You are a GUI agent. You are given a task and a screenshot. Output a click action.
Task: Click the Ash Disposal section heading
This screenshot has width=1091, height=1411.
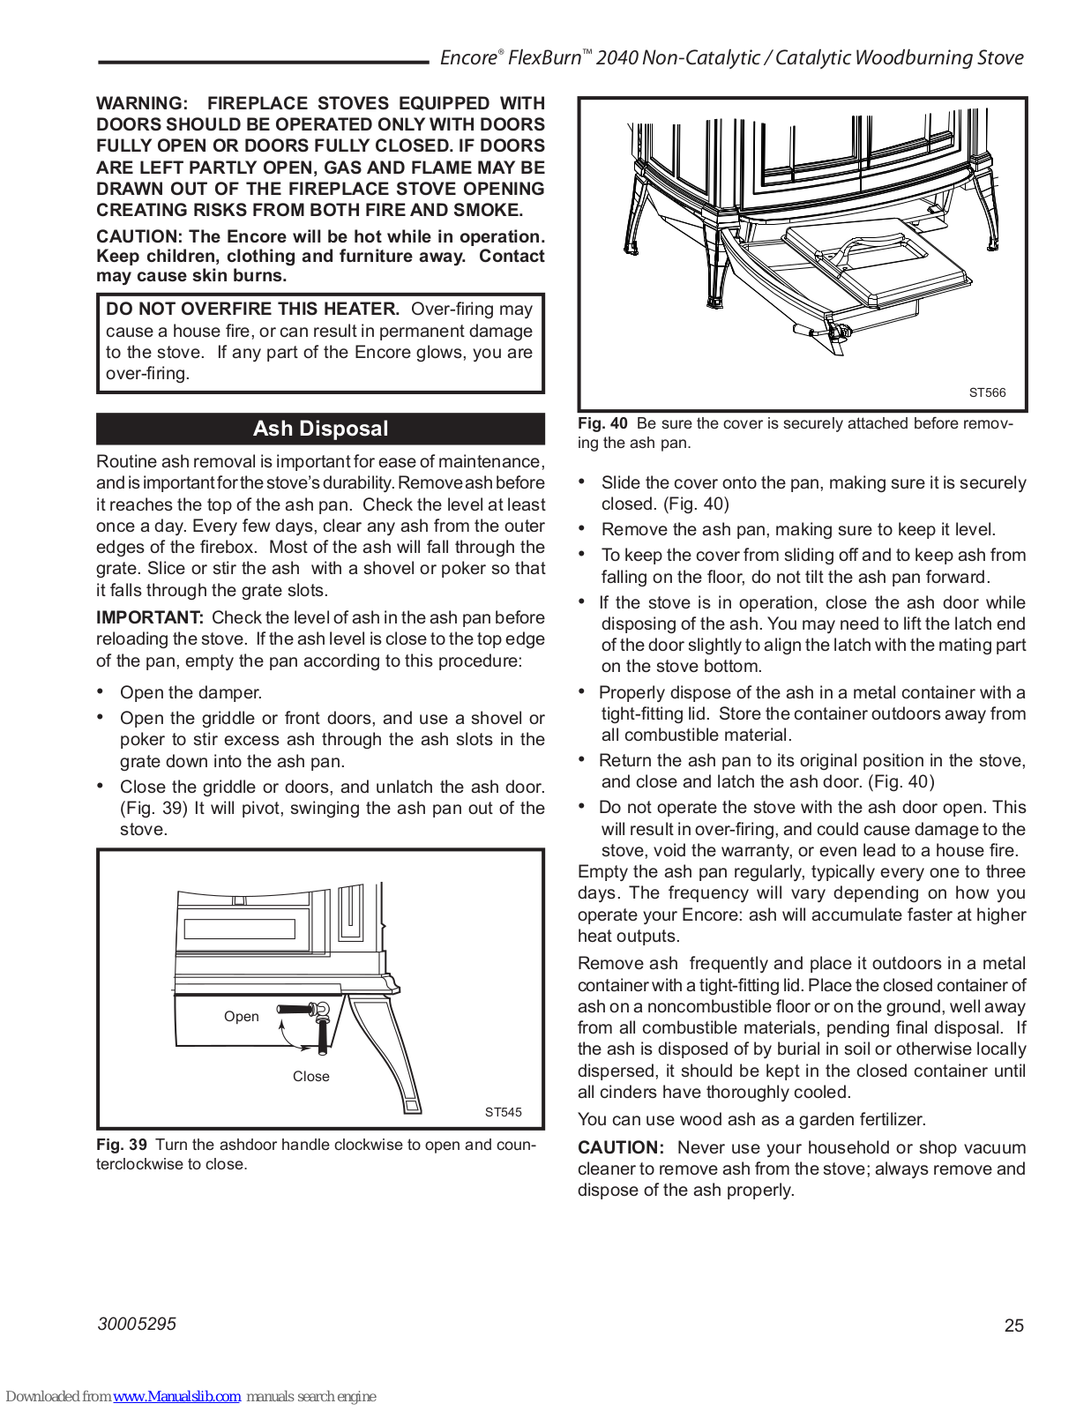coord(320,429)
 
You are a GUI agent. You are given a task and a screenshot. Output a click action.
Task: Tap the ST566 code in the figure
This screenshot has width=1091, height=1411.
coord(986,392)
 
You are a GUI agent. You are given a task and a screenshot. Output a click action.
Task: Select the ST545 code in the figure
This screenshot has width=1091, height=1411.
coord(503,1112)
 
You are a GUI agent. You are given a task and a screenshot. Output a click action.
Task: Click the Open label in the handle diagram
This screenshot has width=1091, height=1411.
coord(241,1016)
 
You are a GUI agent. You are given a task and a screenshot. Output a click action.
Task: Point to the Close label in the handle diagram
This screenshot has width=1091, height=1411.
coord(310,1076)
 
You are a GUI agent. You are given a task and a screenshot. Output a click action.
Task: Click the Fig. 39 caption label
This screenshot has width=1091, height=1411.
coord(122,1145)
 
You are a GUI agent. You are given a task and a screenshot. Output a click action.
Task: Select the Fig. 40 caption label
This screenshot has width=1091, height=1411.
coord(602,423)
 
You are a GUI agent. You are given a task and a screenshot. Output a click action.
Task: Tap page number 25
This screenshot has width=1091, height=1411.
coord(1014,1325)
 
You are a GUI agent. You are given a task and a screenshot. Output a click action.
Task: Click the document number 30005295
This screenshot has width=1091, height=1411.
coord(137,1324)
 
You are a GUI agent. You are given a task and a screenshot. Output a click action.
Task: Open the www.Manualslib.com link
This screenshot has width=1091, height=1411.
coord(176,1396)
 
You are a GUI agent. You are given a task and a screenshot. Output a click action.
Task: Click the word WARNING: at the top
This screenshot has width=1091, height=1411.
coord(142,103)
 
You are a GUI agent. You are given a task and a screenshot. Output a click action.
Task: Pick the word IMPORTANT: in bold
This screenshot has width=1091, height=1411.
coord(150,617)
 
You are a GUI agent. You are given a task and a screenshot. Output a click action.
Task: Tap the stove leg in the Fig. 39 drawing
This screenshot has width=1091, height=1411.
coord(388,1049)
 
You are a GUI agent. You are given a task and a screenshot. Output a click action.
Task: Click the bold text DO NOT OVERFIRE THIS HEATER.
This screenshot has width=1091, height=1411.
coord(252,309)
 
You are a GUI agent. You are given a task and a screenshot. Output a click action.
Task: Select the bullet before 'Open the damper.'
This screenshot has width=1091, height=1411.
coord(101,691)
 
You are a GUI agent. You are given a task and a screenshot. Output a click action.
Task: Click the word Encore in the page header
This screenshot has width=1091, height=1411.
coord(468,58)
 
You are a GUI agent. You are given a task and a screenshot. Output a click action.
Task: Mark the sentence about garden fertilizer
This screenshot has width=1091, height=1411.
coord(751,1119)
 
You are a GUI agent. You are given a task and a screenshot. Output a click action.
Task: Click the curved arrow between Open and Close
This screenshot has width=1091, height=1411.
coord(291,1039)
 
